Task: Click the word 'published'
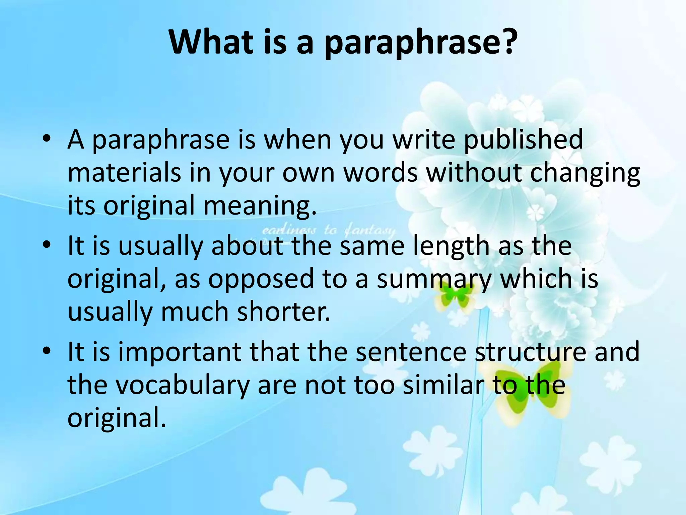pos(523,140)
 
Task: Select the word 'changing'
pos(585,174)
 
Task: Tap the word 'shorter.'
pos(283,311)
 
